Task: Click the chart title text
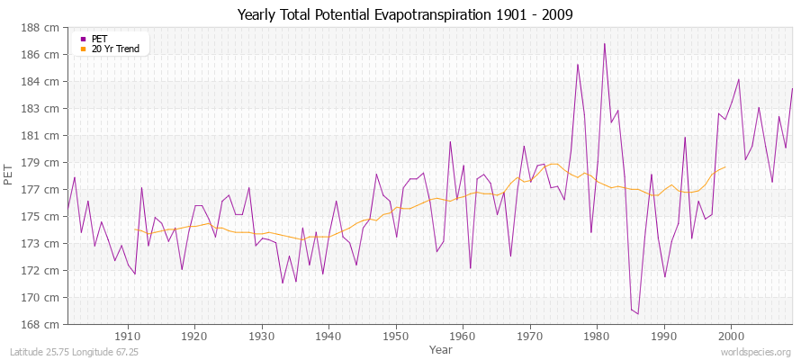[x=405, y=14]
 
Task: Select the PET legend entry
[x=99, y=39]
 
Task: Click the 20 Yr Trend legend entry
[x=115, y=49]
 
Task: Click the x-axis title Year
[x=441, y=349]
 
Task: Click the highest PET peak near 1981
[x=605, y=43]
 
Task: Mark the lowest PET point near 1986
[x=638, y=314]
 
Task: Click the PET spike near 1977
[x=578, y=64]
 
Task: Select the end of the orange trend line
[x=725, y=166]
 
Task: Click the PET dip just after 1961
[x=470, y=267]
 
